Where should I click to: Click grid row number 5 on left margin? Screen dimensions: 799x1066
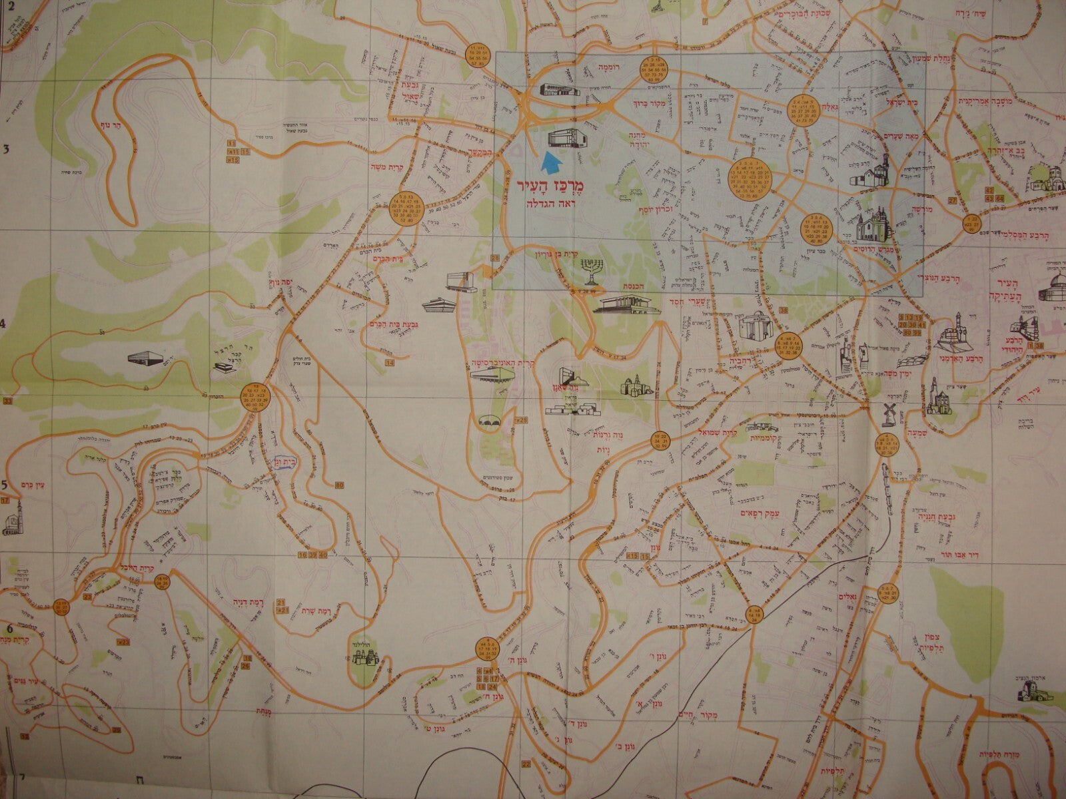[x=4, y=485]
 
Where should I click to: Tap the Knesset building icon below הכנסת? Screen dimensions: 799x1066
[x=626, y=306]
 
